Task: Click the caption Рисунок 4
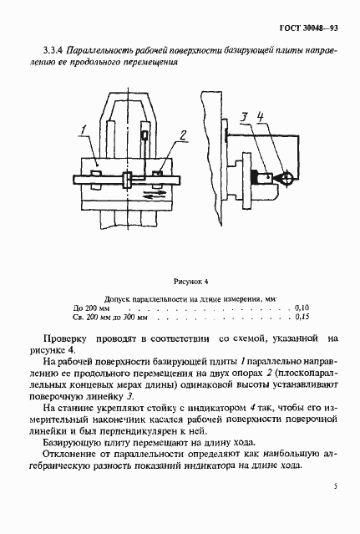[190, 282]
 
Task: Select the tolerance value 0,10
[302, 308]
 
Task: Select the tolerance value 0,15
[302, 318]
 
